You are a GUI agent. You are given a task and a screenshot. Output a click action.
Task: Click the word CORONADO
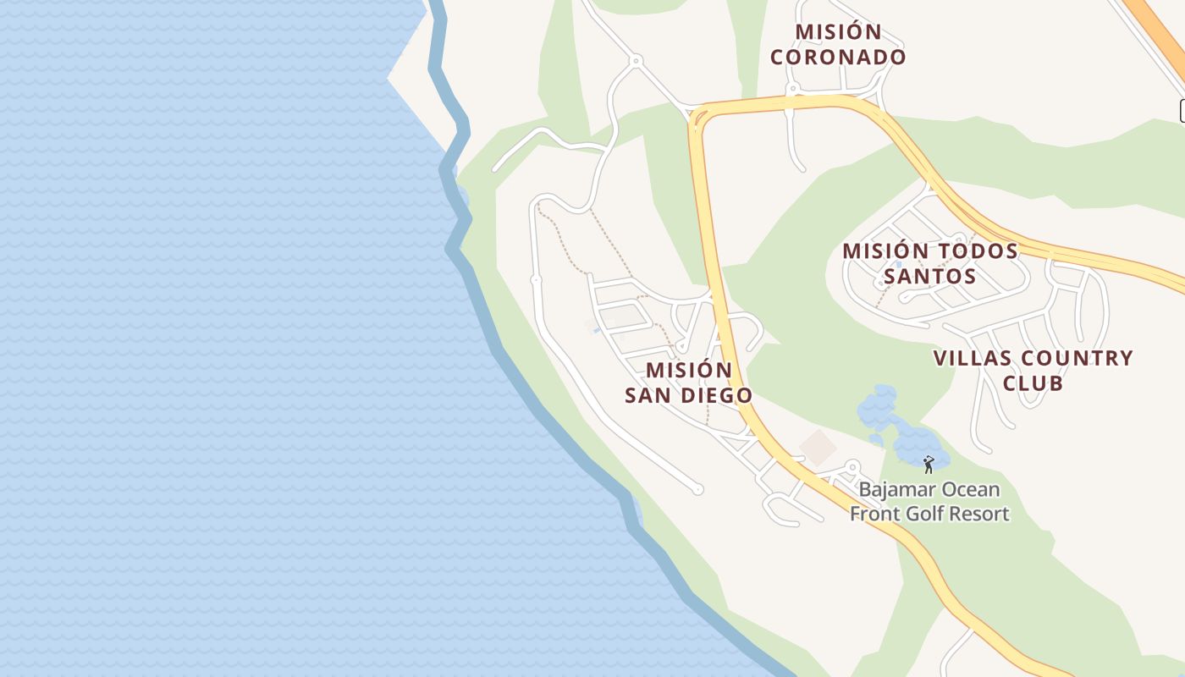click(838, 58)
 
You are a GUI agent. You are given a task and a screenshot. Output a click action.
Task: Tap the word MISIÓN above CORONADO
click(838, 32)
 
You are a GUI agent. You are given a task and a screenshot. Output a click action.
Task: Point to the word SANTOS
click(929, 277)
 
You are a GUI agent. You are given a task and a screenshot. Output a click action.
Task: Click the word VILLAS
click(970, 358)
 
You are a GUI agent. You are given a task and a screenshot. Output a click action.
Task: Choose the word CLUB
click(1033, 383)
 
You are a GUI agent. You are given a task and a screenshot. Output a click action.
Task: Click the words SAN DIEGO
click(688, 395)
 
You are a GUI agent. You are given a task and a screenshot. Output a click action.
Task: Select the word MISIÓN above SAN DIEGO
click(688, 371)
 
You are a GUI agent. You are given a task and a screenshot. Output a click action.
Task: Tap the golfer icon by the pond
click(929, 465)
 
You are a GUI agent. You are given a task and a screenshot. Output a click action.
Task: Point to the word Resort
click(980, 514)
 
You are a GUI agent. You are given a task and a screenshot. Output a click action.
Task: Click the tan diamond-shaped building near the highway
click(818, 448)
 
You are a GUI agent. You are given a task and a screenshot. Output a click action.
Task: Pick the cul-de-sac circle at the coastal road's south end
click(698, 489)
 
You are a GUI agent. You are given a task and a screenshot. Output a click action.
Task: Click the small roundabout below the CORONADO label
click(793, 88)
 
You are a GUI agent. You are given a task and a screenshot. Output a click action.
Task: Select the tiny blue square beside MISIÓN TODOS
click(898, 264)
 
